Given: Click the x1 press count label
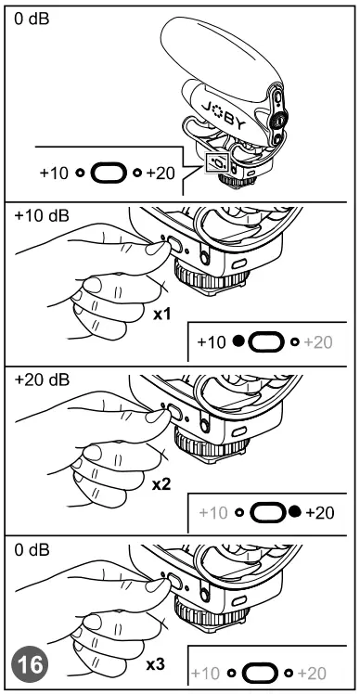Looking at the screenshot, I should (x=161, y=315).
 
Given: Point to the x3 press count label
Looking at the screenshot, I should (x=156, y=665).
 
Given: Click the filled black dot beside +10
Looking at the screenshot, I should (x=238, y=343).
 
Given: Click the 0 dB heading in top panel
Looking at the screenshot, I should (x=34, y=19).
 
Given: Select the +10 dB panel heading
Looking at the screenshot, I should (x=41, y=215).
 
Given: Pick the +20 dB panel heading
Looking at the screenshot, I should (x=41, y=380).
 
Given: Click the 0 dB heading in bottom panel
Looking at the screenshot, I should (x=34, y=549).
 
